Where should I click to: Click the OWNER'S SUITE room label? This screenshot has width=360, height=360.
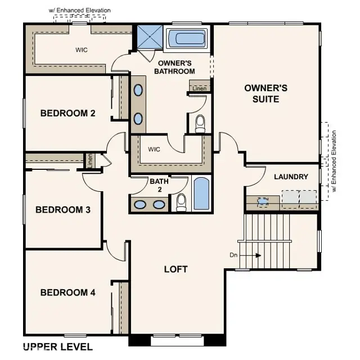(265, 93)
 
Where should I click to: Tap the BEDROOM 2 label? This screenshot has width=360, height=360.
(67, 113)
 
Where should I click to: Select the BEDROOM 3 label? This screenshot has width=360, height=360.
(63, 210)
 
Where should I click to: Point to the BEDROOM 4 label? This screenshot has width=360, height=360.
(67, 292)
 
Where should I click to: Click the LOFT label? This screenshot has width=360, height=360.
(175, 269)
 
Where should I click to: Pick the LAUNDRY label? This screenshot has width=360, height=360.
(291, 177)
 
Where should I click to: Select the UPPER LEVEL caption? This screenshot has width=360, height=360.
(57, 346)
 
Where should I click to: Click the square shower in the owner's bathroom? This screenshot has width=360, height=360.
(151, 38)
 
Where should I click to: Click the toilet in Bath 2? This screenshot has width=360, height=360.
(181, 202)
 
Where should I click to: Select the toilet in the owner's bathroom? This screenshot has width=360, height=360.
(200, 123)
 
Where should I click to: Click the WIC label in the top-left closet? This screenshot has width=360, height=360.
(82, 49)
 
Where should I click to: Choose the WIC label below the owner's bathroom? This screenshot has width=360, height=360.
(154, 149)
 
